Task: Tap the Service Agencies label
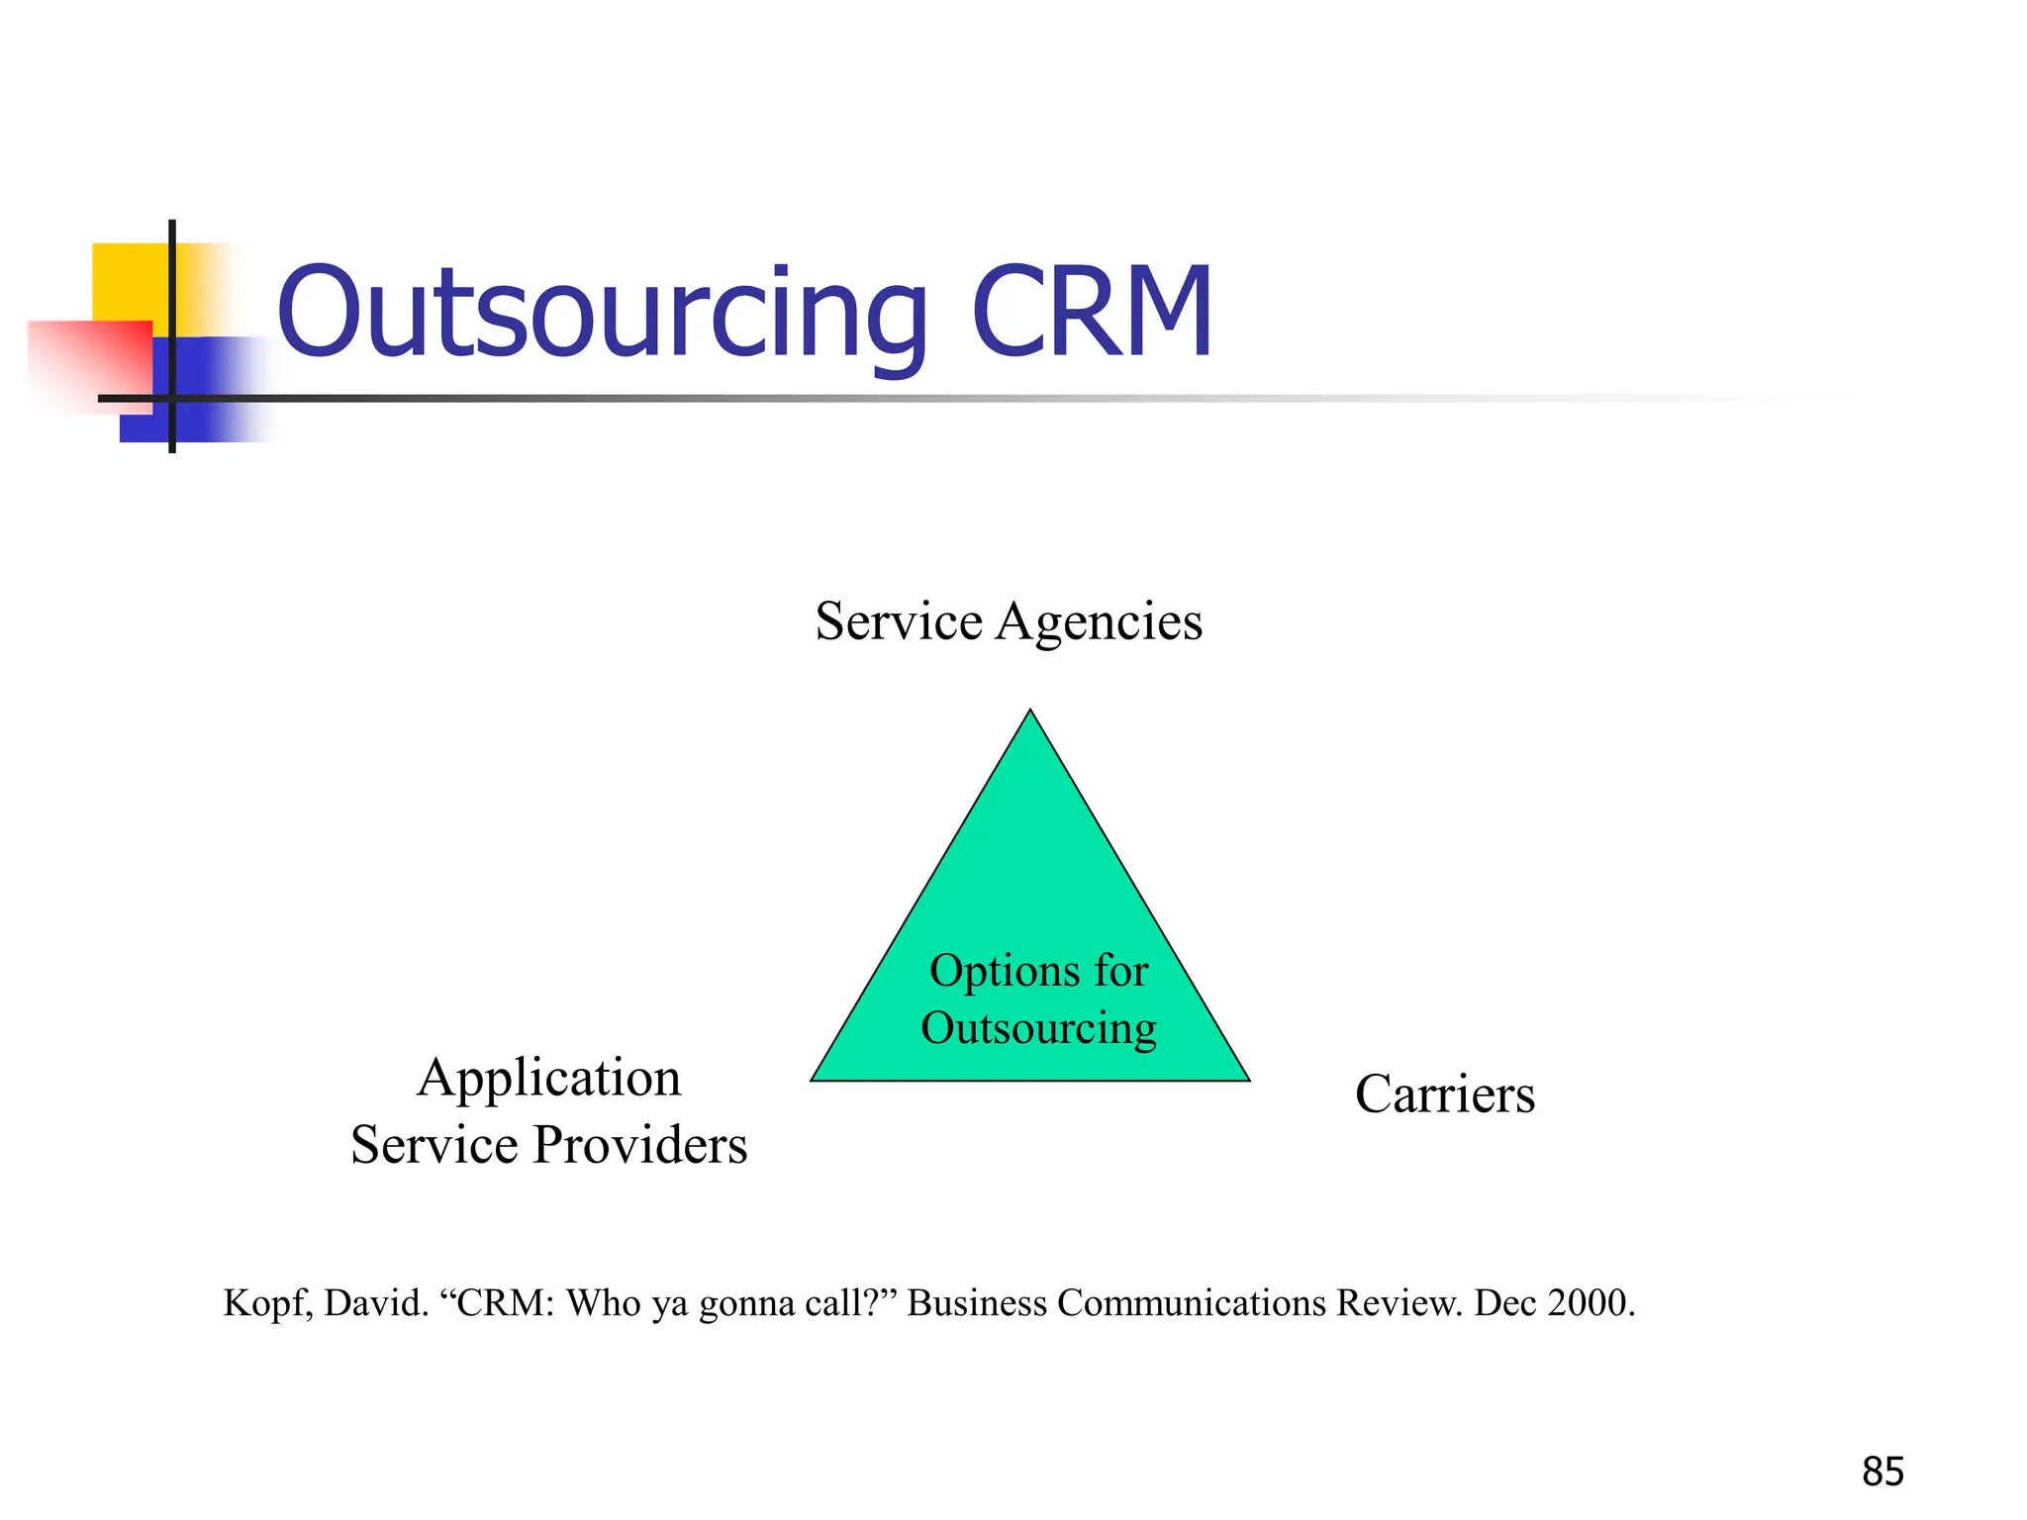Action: (1009, 621)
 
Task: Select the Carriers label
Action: (1444, 1094)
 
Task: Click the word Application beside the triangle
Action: (549, 1079)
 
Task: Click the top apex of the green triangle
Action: (1030, 712)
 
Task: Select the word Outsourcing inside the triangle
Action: (1038, 1028)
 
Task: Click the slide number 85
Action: (1882, 1472)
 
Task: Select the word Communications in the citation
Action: (1191, 1302)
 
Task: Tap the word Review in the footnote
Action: (1398, 1302)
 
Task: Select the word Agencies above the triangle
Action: (1099, 623)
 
